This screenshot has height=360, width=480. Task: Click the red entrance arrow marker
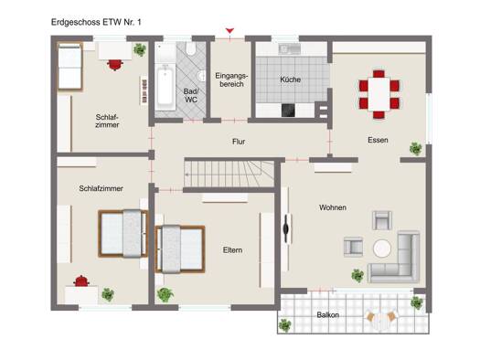(229, 30)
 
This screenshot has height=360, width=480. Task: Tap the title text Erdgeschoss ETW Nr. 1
(96, 22)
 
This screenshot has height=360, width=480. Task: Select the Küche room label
(290, 79)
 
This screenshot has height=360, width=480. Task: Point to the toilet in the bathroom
(191, 49)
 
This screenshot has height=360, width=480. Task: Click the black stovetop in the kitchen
(288, 111)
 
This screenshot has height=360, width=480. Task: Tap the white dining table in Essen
(379, 94)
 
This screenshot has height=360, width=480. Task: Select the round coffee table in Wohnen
(382, 249)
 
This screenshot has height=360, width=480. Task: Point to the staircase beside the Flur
(229, 174)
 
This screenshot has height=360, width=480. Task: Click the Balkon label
(328, 314)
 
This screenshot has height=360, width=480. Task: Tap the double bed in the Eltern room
(180, 249)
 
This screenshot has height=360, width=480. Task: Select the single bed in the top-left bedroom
(69, 67)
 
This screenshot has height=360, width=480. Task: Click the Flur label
(239, 142)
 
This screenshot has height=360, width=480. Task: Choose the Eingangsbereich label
(231, 79)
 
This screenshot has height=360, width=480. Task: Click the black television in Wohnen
(286, 228)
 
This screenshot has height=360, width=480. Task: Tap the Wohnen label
(333, 207)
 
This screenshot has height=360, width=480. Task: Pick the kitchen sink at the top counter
(290, 48)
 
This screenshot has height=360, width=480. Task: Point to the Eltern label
(232, 250)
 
